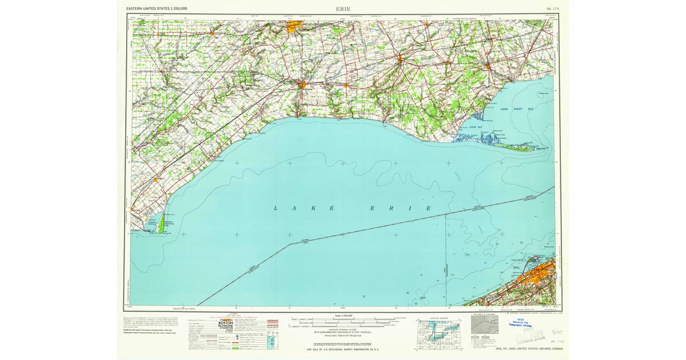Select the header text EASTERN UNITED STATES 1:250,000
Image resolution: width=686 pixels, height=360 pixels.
pyautogui.click(x=157, y=9)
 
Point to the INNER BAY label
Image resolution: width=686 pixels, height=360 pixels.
pyautogui.click(x=476, y=127)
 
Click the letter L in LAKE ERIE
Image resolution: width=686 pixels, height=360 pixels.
pyautogui.click(x=276, y=209)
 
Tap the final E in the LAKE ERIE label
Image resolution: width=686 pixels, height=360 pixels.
pyautogui.click(x=428, y=209)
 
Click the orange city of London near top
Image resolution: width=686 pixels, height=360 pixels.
pyautogui.click(x=296, y=26)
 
